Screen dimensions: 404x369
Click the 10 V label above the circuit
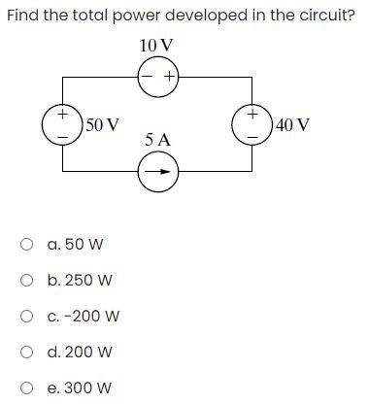(157, 47)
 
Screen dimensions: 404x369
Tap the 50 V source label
(102, 124)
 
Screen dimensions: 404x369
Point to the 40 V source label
(291, 124)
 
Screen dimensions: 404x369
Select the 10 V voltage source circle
(157, 76)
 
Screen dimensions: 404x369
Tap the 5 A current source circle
(157, 174)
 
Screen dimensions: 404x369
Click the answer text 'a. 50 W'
(75, 245)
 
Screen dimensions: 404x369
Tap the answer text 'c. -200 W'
(84, 317)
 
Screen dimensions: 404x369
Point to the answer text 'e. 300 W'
(79, 388)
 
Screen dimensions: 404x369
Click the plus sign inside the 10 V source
(169, 76)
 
